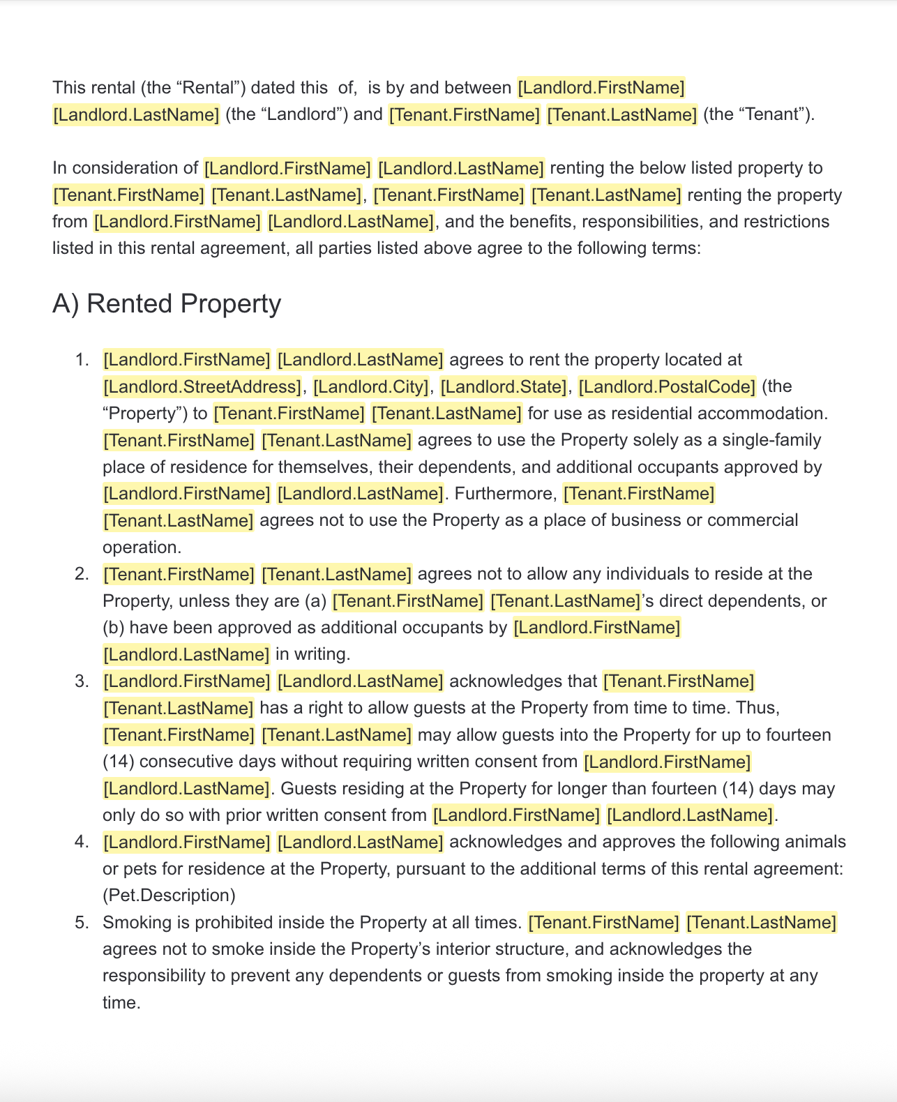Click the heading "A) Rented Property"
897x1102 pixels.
pyautogui.click(x=167, y=303)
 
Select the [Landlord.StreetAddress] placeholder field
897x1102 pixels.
pyautogui.click(x=202, y=386)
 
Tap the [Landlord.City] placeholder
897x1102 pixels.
pyautogui.click(x=370, y=386)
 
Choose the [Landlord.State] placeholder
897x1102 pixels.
pyautogui.click(x=503, y=386)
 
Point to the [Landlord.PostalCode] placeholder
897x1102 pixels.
pyautogui.click(x=667, y=386)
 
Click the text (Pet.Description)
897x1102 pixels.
pyautogui.click(x=169, y=896)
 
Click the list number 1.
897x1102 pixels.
pyautogui.click(x=82, y=360)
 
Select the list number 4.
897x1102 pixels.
pyautogui.click(x=82, y=842)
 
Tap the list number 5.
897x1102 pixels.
pyautogui.click(x=82, y=923)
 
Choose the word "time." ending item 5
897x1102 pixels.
pyautogui.click(x=121, y=1003)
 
